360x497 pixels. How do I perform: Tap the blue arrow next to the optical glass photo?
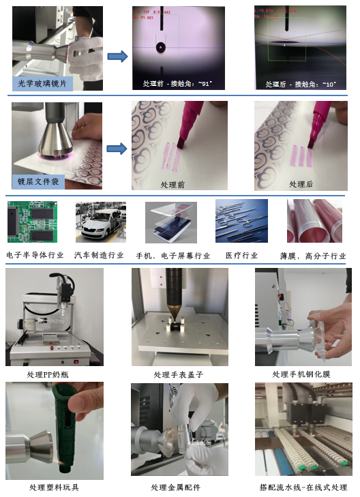click(x=118, y=56)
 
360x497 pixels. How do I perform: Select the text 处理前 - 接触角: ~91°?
click(x=177, y=84)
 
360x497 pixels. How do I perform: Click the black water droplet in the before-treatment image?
click(x=160, y=48)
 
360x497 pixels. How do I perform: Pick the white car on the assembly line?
click(x=100, y=226)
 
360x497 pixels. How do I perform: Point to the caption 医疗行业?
click(x=241, y=255)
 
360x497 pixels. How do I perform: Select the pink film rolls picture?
click(x=314, y=222)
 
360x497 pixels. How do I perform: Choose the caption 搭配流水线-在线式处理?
click(x=303, y=487)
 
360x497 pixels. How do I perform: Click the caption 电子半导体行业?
click(x=36, y=255)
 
